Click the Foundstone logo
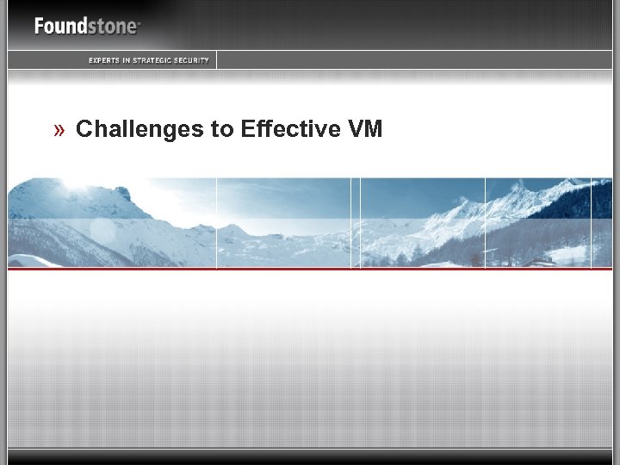pyautogui.click(x=87, y=26)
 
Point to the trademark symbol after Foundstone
pyautogui.click(x=139, y=21)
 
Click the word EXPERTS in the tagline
pyautogui.click(x=103, y=60)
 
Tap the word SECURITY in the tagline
pyautogui.click(x=192, y=60)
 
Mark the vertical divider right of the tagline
pyautogui.click(x=216, y=59)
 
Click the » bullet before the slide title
pyautogui.click(x=59, y=130)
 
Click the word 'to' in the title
pyautogui.click(x=222, y=130)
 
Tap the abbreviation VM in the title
pyautogui.click(x=365, y=129)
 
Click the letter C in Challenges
pyautogui.click(x=84, y=129)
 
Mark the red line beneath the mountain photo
pyautogui.click(x=310, y=269)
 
